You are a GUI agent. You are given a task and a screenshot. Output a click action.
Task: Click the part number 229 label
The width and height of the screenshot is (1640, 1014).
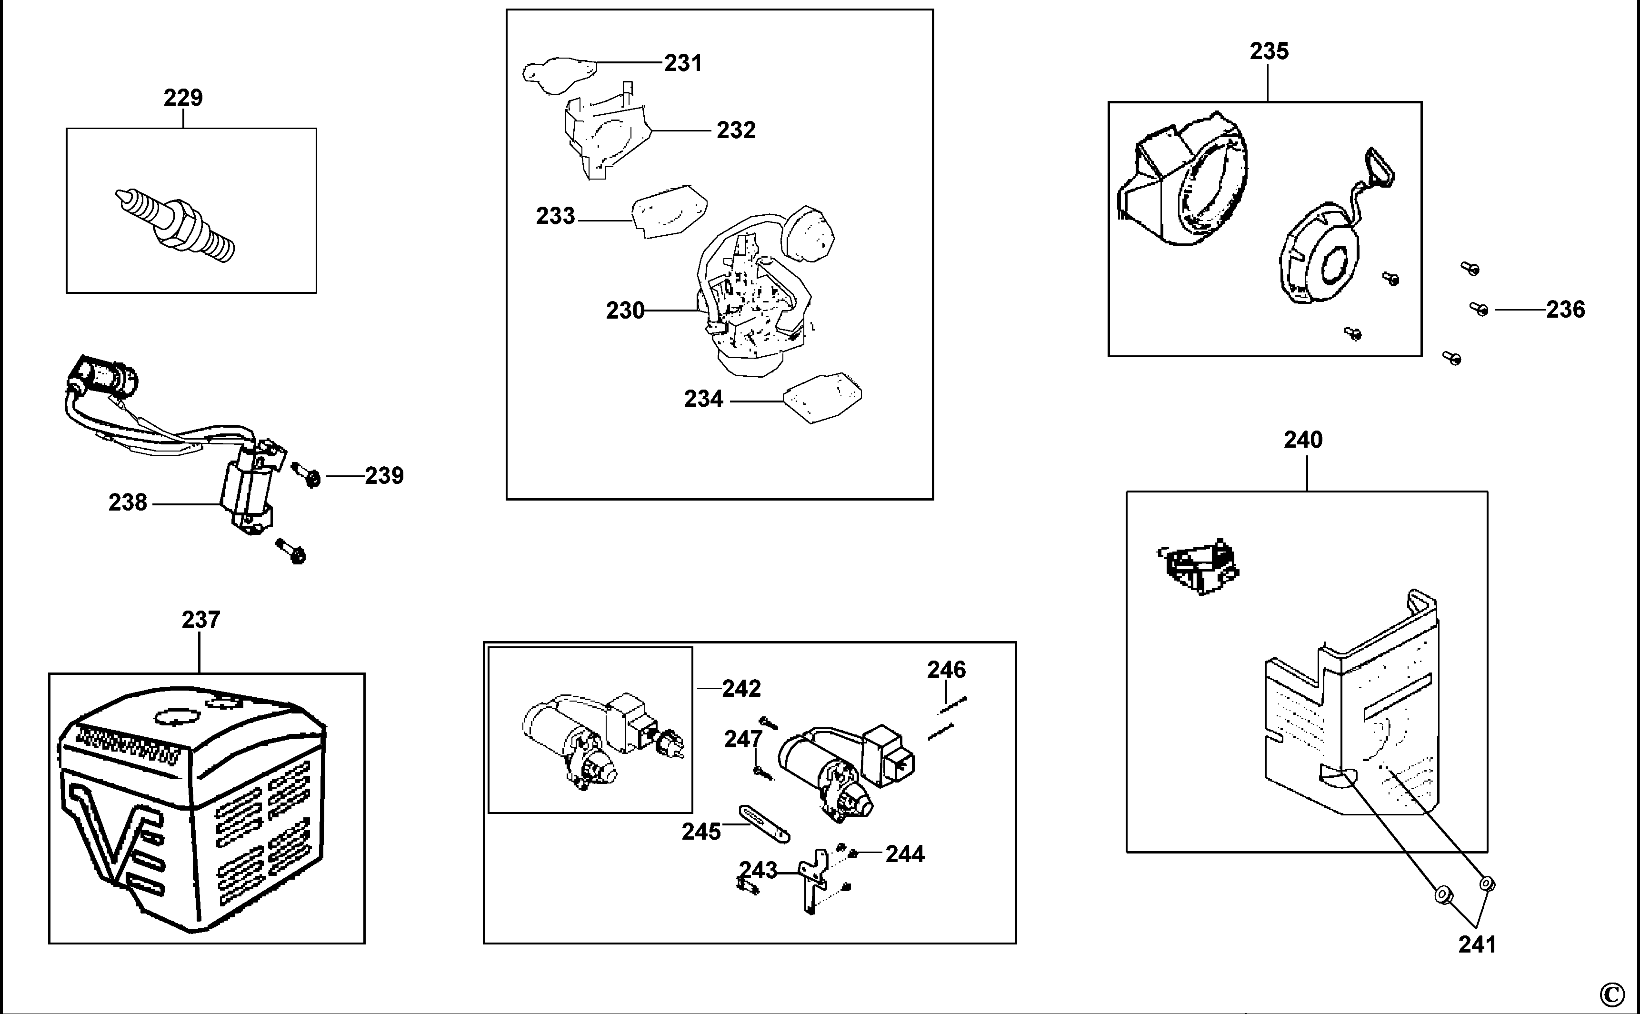[183, 98]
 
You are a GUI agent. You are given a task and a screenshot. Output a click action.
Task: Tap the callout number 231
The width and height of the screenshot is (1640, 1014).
[683, 63]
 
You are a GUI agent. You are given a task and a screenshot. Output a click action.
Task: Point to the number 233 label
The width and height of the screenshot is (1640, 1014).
[555, 216]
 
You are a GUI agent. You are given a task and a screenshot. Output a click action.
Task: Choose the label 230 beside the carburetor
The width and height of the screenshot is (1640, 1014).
[625, 311]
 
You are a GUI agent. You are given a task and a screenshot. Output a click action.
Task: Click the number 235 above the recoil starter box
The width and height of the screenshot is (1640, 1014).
[1269, 51]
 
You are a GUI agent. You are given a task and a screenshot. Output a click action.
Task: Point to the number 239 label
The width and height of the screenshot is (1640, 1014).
[384, 475]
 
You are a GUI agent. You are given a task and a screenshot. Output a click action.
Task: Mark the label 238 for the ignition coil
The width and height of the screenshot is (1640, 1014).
[128, 502]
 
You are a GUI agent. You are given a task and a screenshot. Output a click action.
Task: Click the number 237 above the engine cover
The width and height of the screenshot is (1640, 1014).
[200, 620]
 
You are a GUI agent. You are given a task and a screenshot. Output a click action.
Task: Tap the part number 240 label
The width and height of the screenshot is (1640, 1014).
[1303, 440]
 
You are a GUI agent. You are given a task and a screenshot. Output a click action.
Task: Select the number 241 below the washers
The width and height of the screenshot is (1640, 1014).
[1477, 944]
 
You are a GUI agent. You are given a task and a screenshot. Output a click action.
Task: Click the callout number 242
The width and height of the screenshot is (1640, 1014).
[741, 688]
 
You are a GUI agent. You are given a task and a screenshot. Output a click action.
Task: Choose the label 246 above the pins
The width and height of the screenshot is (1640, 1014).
[946, 669]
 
